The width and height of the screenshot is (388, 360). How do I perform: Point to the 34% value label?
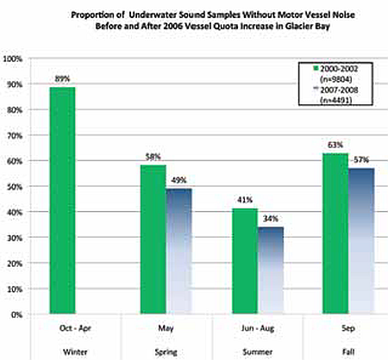pos(269,218)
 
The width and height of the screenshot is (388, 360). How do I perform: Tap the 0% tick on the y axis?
pos(17,314)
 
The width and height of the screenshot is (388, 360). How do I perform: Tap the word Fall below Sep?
pos(346,350)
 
